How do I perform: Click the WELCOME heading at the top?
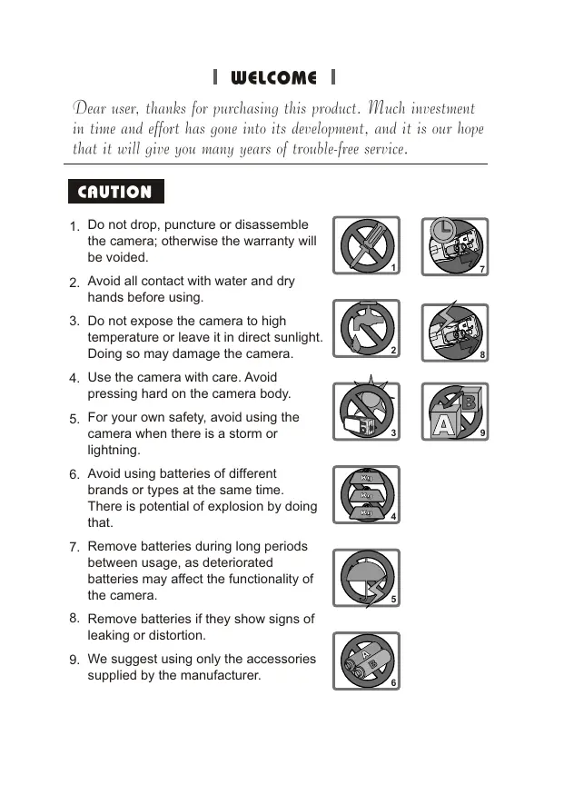click(x=273, y=78)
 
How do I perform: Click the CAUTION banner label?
click(x=114, y=192)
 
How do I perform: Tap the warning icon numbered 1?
click(x=365, y=246)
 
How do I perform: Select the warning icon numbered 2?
click(x=365, y=330)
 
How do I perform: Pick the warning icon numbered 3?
click(x=365, y=412)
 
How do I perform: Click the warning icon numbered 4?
click(x=365, y=495)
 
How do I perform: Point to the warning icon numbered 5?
click(x=365, y=578)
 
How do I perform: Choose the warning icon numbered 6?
click(x=365, y=661)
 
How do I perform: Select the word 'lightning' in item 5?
click(x=114, y=451)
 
